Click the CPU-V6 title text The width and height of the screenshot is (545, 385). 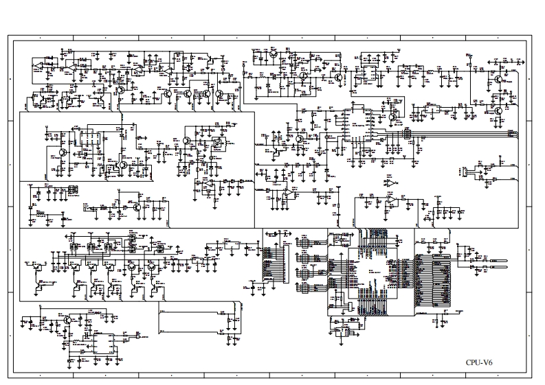(x=479, y=362)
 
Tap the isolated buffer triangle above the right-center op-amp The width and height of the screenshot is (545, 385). (x=390, y=184)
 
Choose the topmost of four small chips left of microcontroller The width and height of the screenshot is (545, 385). (x=304, y=243)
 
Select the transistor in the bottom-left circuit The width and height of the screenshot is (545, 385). (x=67, y=320)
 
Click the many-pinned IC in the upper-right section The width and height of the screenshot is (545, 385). (x=358, y=124)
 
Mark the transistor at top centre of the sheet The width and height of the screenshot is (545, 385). (x=274, y=53)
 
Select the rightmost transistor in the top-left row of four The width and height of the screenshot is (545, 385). (x=220, y=94)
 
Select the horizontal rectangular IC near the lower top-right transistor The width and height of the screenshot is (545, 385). (x=432, y=108)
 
